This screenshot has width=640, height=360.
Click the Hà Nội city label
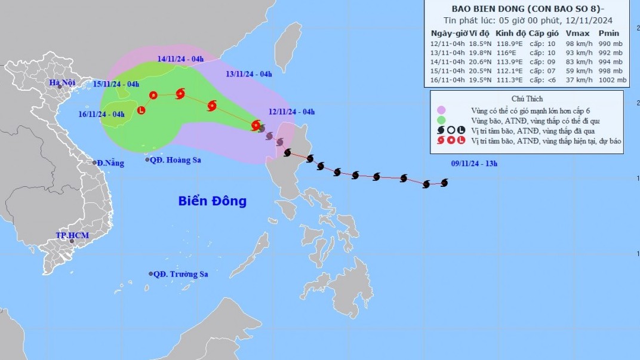tap(61, 82)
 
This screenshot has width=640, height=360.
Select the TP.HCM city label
tap(72, 236)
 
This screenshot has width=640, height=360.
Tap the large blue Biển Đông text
tap(212, 201)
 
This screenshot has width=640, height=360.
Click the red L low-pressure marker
tap(141, 110)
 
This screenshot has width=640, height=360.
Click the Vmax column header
tap(576, 33)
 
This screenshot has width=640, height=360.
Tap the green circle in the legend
tap(441, 120)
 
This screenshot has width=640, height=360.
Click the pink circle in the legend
tap(441, 110)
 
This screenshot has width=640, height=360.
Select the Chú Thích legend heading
tap(527, 99)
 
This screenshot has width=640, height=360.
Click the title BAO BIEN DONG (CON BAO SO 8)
tap(525, 9)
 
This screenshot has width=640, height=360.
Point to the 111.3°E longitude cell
tap(508, 80)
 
